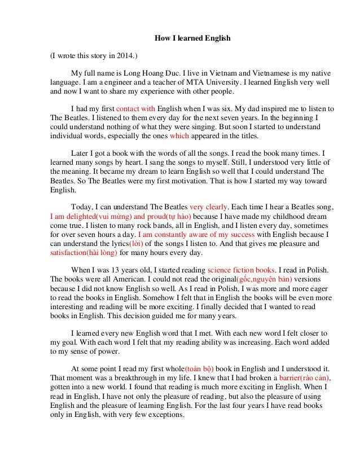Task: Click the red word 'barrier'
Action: pos(292,377)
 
